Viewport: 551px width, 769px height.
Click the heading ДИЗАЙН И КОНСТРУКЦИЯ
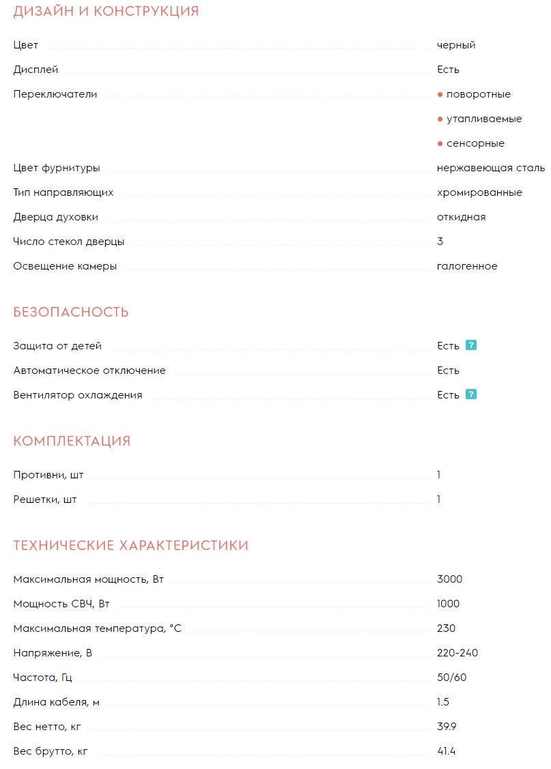(x=106, y=12)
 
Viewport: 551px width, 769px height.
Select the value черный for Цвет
(x=456, y=45)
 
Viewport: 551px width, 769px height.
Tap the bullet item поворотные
(x=478, y=94)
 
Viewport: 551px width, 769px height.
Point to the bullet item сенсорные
(x=475, y=143)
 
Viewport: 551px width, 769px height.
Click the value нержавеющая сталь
(x=490, y=168)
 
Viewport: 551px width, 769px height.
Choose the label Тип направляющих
(x=63, y=192)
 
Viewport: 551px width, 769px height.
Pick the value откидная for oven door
(x=461, y=217)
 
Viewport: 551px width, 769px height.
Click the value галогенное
(x=467, y=266)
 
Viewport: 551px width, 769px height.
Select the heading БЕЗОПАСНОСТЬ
(x=71, y=313)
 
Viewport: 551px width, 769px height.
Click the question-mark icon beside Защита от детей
(x=471, y=345)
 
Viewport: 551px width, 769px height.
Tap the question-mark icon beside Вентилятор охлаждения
(x=471, y=394)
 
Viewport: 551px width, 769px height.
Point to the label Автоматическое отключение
(x=89, y=371)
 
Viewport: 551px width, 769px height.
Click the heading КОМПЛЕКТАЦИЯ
(x=72, y=441)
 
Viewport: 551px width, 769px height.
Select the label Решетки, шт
(x=45, y=499)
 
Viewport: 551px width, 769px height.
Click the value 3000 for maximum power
(x=449, y=579)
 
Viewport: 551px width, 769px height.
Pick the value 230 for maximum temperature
(x=446, y=628)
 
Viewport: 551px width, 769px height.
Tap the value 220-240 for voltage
(x=457, y=653)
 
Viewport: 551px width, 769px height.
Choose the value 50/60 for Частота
(x=452, y=678)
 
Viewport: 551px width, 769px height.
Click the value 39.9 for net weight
(x=447, y=727)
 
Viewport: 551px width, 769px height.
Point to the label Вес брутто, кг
(x=51, y=751)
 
